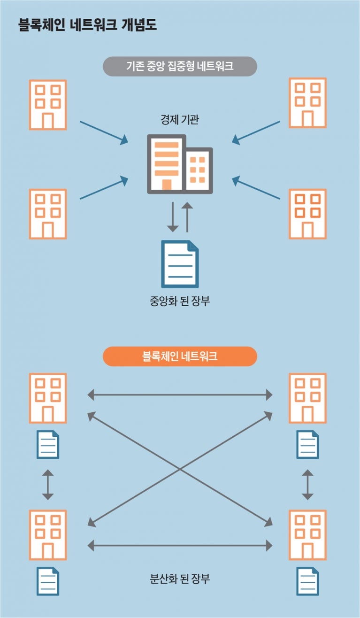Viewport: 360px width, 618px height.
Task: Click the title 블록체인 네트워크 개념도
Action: pos(88,25)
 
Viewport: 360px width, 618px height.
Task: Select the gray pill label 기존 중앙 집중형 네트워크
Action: pos(180,66)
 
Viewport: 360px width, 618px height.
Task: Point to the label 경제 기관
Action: pos(180,120)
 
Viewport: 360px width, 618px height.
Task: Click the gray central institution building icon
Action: pos(180,164)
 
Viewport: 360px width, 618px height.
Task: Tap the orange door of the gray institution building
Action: pos(167,184)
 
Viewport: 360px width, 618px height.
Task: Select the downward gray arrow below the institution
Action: pos(173,217)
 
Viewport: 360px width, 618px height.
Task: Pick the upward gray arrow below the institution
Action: pos(187,217)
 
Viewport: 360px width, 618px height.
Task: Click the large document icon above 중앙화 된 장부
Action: pos(180,264)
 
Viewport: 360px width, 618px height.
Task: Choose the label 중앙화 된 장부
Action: pos(180,301)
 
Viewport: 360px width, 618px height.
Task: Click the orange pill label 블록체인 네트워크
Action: pos(180,356)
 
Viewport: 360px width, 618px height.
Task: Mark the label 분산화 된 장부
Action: pos(180,579)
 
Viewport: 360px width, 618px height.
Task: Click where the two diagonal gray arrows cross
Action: pos(180,469)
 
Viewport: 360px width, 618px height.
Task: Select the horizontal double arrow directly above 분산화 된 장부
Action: pos(180,545)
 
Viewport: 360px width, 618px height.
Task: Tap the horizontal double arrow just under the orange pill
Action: pos(180,395)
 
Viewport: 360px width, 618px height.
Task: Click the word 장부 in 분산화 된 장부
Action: pos(200,579)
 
